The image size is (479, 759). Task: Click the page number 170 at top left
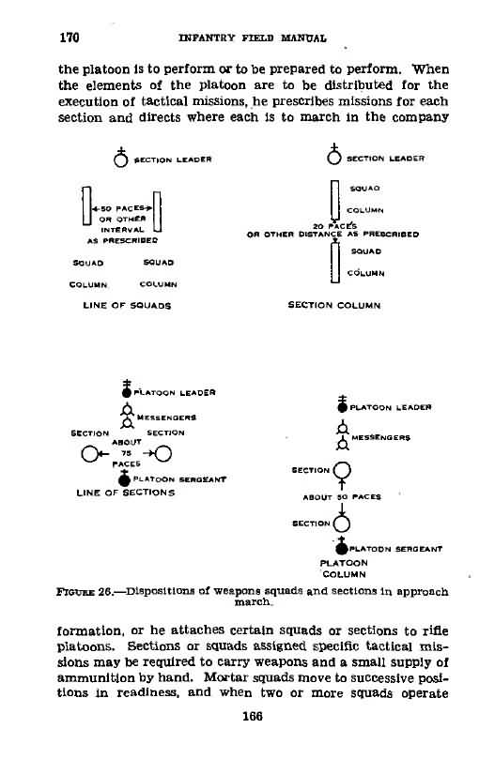click(x=70, y=38)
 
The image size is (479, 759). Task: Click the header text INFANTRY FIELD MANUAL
click(x=252, y=38)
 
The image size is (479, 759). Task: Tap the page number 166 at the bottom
click(x=252, y=716)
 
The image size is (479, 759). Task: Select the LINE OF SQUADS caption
click(x=127, y=306)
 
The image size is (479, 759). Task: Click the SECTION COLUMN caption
click(x=334, y=305)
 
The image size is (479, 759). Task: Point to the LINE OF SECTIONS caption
click(x=126, y=493)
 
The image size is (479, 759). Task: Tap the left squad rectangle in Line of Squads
click(x=86, y=205)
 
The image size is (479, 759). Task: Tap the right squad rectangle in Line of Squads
click(x=157, y=211)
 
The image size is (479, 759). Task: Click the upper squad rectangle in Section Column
click(x=335, y=200)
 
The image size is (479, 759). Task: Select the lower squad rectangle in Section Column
click(x=335, y=263)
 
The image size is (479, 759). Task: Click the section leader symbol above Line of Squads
click(x=121, y=158)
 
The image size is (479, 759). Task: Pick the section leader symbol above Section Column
click(x=334, y=155)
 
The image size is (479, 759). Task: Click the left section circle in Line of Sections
click(x=89, y=454)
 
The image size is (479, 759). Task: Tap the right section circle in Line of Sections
click(x=163, y=454)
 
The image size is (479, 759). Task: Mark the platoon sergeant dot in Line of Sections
click(x=125, y=479)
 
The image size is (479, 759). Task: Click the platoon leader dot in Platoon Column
click(x=342, y=406)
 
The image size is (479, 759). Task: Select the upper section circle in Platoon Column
click(x=342, y=470)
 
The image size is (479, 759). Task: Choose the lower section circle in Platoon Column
click(x=342, y=524)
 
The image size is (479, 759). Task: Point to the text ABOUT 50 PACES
click(x=342, y=497)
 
